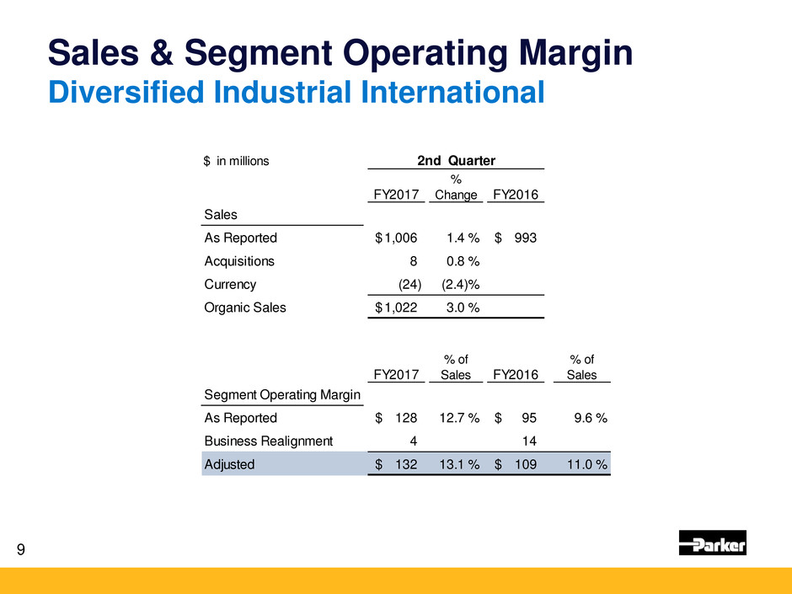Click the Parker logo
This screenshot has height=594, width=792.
(x=712, y=543)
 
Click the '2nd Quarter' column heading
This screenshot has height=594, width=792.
(x=458, y=159)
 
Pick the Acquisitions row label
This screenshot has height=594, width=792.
(x=239, y=261)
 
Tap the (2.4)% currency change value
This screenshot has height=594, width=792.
(x=461, y=285)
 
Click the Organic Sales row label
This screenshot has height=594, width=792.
(x=244, y=308)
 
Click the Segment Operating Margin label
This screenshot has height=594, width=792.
(x=282, y=394)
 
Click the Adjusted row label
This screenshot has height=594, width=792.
(x=229, y=463)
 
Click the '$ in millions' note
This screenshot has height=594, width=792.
(x=236, y=160)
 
